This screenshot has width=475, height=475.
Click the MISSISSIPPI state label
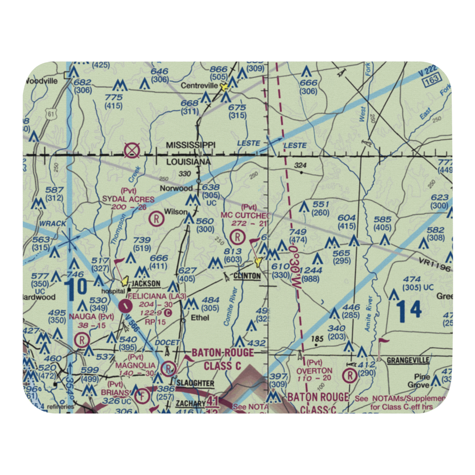[x=191, y=144]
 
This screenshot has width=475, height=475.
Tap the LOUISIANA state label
[x=188, y=162]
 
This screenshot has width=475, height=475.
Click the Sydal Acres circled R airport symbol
[x=155, y=219]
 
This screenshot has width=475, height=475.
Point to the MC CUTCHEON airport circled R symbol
[x=237, y=236]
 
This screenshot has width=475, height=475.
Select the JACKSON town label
[x=146, y=284]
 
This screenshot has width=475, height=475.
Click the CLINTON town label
[x=247, y=275]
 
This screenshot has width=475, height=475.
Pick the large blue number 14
[x=409, y=310]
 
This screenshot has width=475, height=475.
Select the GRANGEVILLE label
[x=408, y=360]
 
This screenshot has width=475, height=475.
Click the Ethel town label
[x=199, y=317]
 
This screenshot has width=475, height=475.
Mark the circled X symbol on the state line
[x=131, y=152]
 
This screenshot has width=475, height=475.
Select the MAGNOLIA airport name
[x=135, y=365]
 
